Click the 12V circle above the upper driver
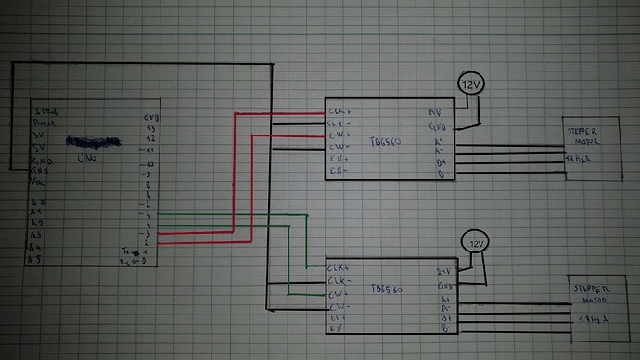[472, 85]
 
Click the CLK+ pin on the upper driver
[338, 112]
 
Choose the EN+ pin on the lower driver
[338, 317]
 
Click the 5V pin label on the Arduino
[39, 147]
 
